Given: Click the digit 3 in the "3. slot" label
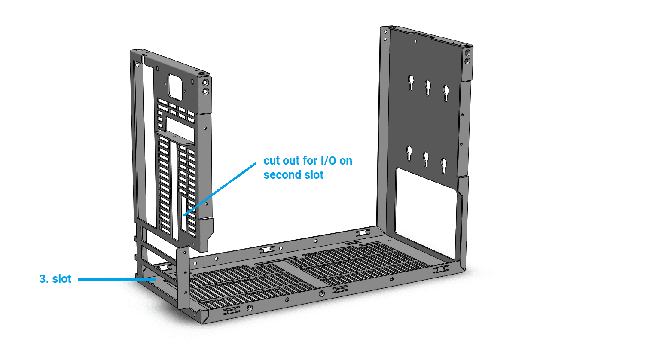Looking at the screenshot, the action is point(43,279).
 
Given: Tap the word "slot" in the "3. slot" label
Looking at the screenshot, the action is point(61,278).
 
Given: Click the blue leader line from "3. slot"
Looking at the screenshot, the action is point(117,279).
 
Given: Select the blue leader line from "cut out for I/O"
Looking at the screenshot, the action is point(220,189).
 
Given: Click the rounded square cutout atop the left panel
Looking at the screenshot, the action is point(175,88).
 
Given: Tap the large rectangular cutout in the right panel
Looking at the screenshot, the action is point(426,212).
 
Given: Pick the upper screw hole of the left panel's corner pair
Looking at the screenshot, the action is point(205,83).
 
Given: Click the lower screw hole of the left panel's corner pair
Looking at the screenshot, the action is point(205,92).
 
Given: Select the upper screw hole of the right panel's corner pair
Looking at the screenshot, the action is point(467,53).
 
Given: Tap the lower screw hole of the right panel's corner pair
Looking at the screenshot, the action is point(467,61).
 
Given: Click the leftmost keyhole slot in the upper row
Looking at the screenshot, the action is point(411,82).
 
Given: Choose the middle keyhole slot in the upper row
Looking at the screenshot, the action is point(428,88).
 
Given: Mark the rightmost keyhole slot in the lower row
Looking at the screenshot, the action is point(444,166).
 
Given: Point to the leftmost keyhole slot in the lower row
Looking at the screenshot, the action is point(409,153).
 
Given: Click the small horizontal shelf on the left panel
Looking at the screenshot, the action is point(174,137).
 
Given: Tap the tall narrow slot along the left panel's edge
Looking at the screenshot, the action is point(149,144).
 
